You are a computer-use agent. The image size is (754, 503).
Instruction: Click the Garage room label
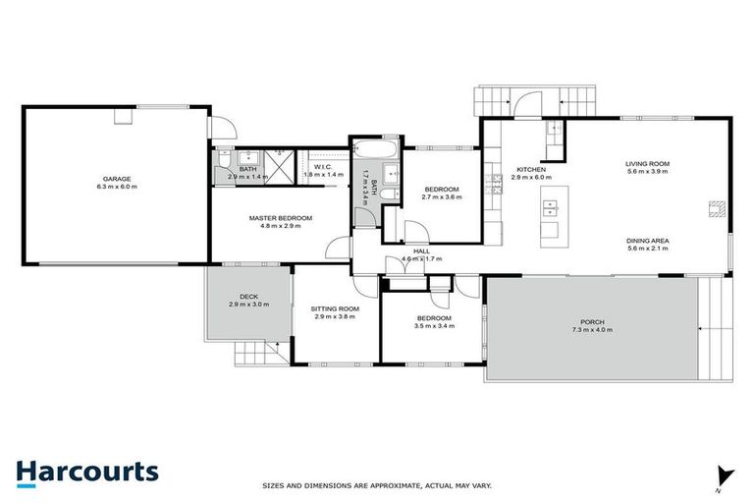(116, 179)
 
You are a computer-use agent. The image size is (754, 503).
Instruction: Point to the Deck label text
(248, 299)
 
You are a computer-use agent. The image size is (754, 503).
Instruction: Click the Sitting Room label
(337, 308)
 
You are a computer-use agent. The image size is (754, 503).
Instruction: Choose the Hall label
(422, 251)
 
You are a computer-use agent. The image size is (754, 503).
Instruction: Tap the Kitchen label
(527, 169)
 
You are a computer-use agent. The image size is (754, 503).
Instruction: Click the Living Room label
(647, 164)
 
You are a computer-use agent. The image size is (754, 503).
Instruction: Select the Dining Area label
(647, 241)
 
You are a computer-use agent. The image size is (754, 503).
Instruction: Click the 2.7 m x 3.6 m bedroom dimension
(441, 196)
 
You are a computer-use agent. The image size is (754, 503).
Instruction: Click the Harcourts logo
(86, 471)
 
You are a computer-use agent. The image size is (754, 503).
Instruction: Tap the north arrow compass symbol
(725, 475)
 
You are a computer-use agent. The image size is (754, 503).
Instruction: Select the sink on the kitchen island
(549, 207)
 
